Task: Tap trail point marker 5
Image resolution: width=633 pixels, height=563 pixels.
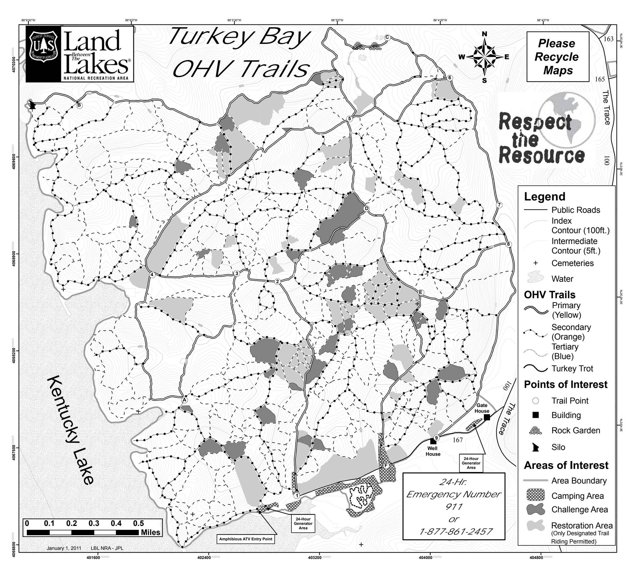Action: tap(350, 118)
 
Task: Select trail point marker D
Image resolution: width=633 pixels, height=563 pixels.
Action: tap(367, 208)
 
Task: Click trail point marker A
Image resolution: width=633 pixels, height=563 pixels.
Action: tap(185, 400)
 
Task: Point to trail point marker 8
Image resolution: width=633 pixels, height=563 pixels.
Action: tap(508, 244)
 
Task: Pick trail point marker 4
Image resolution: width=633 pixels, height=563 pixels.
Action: tap(152, 274)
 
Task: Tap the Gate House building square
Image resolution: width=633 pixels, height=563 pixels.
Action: tap(487, 417)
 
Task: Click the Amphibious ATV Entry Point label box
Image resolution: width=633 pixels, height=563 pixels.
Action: tap(246, 539)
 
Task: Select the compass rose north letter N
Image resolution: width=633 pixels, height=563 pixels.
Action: tap(485, 34)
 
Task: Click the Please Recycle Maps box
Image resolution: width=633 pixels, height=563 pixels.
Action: tap(558, 57)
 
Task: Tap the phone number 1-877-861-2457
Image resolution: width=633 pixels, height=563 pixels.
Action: tap(456, 531)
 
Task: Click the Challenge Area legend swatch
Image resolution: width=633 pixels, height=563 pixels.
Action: tap(535, 509)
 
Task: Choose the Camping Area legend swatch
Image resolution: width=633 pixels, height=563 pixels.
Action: tap(535, 496)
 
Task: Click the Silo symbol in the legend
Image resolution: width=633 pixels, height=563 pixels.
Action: tap(535, 447)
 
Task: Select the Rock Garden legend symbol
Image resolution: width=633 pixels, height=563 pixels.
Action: tap(535, 430)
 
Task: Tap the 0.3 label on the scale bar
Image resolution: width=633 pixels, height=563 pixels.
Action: tap(94, 523)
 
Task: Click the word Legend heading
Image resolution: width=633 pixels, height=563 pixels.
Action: tap(545, 196)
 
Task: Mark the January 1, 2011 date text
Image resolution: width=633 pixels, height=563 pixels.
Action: tap(64, 548)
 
